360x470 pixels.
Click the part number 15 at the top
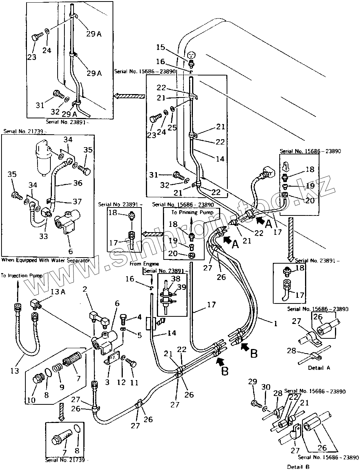160,47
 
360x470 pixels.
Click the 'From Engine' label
144,263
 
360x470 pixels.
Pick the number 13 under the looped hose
14,371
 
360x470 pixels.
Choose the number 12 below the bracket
121,382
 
